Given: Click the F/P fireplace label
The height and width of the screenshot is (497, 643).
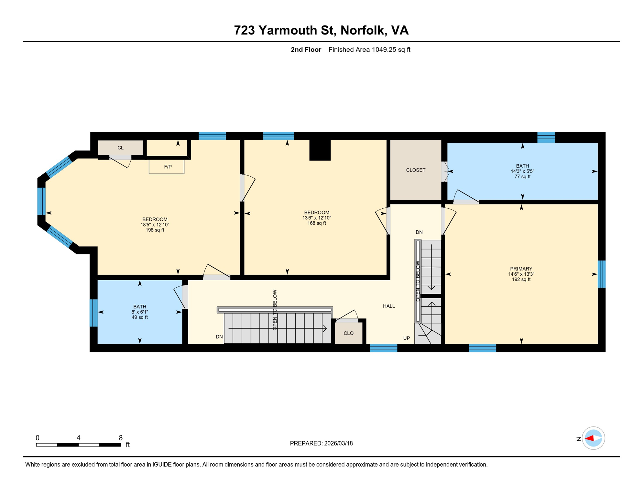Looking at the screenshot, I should point(168,167).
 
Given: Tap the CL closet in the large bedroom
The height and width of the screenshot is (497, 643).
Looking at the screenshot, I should point(120,148).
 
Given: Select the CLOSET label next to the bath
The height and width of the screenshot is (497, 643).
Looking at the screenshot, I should point(416,170).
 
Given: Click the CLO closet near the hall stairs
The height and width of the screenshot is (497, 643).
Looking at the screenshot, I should point(348,333).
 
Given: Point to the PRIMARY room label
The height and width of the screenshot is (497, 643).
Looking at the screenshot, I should point(521,269).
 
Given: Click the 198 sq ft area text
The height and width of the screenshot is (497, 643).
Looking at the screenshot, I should point(155,230).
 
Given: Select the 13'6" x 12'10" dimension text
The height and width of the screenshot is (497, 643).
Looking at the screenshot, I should point(317,218).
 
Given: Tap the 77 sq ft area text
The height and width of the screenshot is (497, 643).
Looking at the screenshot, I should point(522,177).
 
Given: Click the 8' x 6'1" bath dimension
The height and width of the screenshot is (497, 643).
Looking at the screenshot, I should point(140,312).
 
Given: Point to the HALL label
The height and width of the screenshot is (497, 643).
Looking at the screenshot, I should point(389,306).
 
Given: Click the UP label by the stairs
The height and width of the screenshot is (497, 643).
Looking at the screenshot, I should point(407,338).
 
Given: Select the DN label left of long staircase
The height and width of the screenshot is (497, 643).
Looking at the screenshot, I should point(219,337).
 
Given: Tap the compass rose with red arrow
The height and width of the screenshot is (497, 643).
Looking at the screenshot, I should point(593,438).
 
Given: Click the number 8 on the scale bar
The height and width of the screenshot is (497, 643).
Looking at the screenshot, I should point(121,438).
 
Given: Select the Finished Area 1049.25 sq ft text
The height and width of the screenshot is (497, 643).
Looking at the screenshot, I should point(369,50).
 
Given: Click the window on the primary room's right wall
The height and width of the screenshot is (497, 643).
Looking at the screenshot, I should point(601,274).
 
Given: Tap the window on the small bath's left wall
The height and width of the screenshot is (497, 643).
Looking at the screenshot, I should point(93,313).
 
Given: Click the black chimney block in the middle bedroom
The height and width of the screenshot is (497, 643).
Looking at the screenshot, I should point(320,150).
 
